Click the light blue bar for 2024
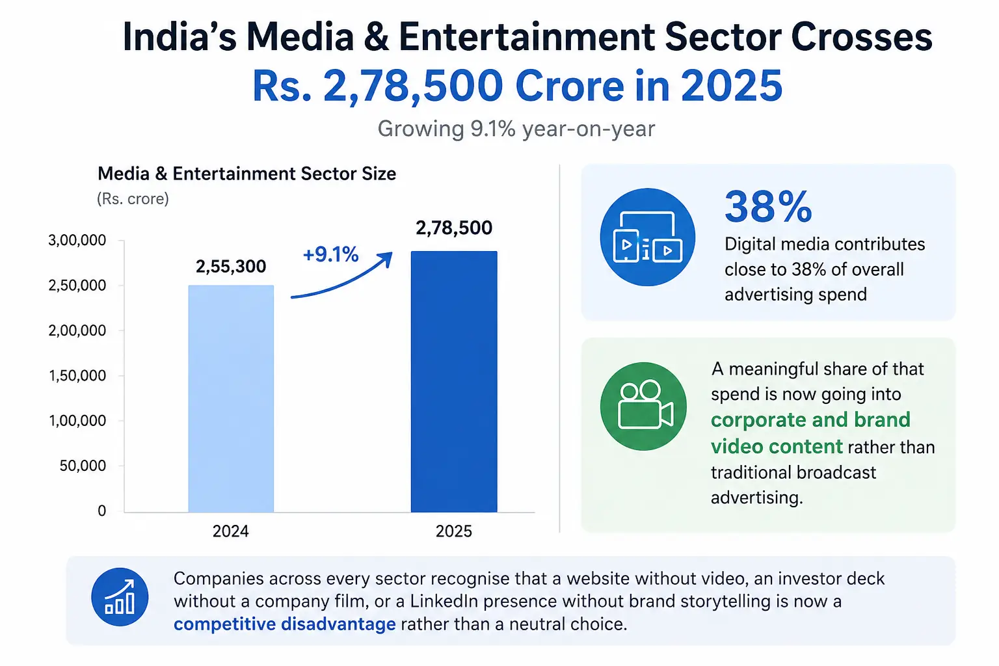coord(231,399)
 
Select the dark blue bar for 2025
coord(454,382)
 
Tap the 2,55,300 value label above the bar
coord(231,266)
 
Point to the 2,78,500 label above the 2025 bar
coord(454,228)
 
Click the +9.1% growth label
coord(330,255)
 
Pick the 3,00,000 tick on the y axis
coord(77,241)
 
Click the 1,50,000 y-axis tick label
coord(77,376)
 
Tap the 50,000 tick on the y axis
coord(83,466)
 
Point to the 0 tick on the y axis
coord(102,511)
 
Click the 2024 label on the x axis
coord(231,531)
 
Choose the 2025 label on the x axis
coord(453,531)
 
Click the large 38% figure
coord(768,207)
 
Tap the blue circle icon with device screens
coord(648,237)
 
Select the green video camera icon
coord(643,406)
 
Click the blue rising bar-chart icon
coord(120,597)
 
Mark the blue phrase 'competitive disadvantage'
coord(284,624)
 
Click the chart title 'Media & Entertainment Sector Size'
coord(246,174)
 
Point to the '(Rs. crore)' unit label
coord(133,199)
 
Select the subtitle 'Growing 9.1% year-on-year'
coord(516,129)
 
